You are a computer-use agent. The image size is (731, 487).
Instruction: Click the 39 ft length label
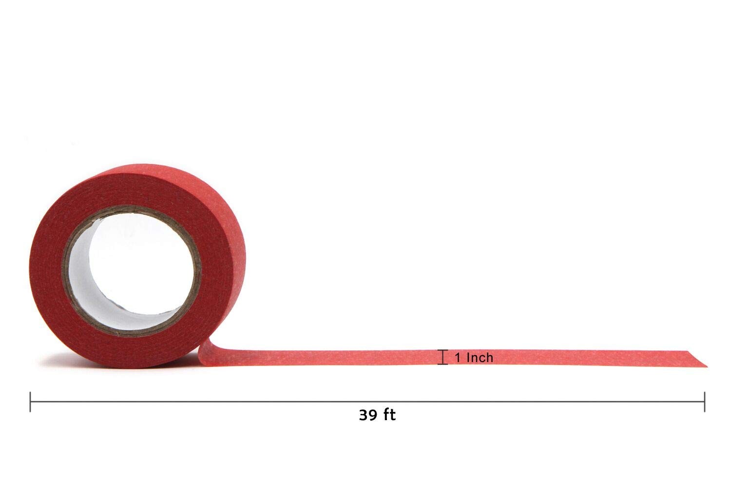(377, 415)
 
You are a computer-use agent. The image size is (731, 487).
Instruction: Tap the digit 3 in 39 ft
(364, 415)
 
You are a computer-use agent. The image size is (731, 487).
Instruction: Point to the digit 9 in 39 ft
(374, 415)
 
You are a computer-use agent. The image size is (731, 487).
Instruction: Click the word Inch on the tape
(480, 358)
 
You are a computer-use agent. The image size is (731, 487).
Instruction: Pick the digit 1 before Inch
(458, 358)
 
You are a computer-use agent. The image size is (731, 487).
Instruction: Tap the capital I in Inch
(468, 358)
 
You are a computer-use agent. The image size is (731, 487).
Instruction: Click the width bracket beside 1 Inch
(442, 357)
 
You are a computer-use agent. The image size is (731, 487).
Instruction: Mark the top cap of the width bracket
(442, 350)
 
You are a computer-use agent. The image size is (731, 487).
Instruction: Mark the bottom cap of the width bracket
(442, 364)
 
